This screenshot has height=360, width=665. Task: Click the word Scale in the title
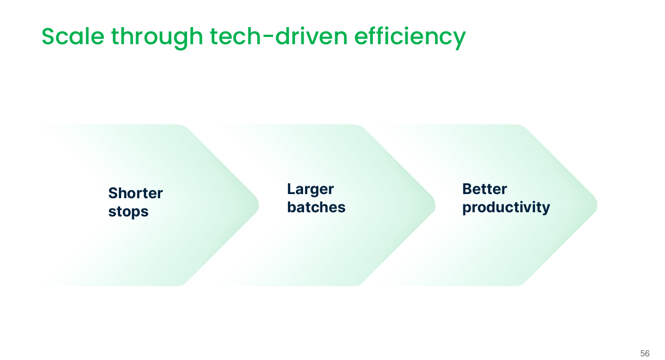(73, 36)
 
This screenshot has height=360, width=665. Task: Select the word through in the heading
(157, 38)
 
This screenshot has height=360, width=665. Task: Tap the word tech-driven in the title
(279, 36)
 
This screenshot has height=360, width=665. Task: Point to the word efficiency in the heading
(410, 38)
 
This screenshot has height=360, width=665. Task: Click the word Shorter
(135, 193)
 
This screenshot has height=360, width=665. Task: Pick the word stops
(128, 212)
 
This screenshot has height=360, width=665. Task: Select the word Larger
(310, 189)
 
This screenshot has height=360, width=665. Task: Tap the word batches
(316, 207)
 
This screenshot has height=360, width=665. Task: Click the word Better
(485, 189)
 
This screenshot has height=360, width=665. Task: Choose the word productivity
(506, 208)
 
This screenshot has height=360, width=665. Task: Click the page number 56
(645, 353)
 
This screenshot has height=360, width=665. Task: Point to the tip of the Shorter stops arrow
(258, 205)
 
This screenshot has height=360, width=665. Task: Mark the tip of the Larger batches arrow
(435, 205)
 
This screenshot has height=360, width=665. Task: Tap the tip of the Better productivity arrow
(597, 205)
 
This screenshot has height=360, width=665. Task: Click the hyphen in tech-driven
(268, 37)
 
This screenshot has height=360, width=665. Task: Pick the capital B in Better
(467, 189)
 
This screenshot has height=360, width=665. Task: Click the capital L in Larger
(291, 189)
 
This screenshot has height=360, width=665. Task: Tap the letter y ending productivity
(545, 209)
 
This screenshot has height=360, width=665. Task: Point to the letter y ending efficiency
(460, 41)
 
